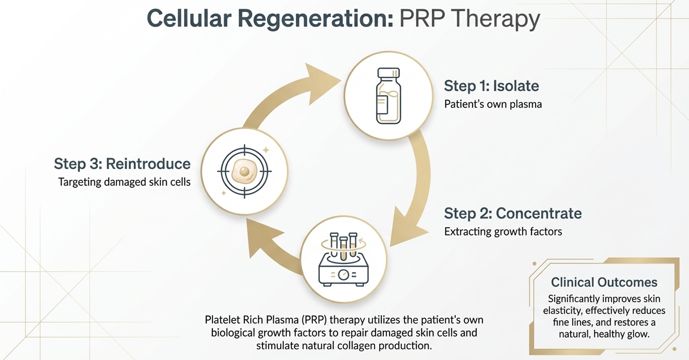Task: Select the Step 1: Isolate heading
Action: pyautogui.click(x=491, y=86)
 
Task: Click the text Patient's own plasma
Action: pyautogui.click(x=493, y=104)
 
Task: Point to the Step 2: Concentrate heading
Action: pyautogui.click(x=512, y=214)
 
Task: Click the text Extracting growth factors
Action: pyautogui.click(x=503, y=231)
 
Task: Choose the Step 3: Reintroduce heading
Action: pyautogui.click(x=122, y=164)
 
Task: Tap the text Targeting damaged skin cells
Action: pyautogui.click(x=125, y=182)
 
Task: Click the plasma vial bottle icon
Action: pyautogui.click(x=388, y=96)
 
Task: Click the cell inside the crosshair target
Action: pyautogui.click(x=244, y=171)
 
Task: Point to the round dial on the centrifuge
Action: pyautogui.click(x=343, y=275)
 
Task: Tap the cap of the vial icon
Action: pyautogui.click(x=388, y=73)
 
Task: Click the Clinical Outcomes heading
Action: pyautogui.click(x=604, y=282)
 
